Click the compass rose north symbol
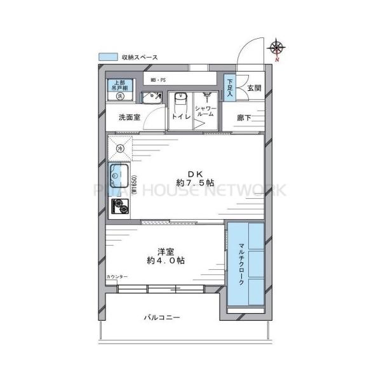(277, 48)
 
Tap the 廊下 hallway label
(245, 117)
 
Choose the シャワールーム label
(206, 113)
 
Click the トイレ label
(178, 118)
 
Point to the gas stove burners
(119, 206)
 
